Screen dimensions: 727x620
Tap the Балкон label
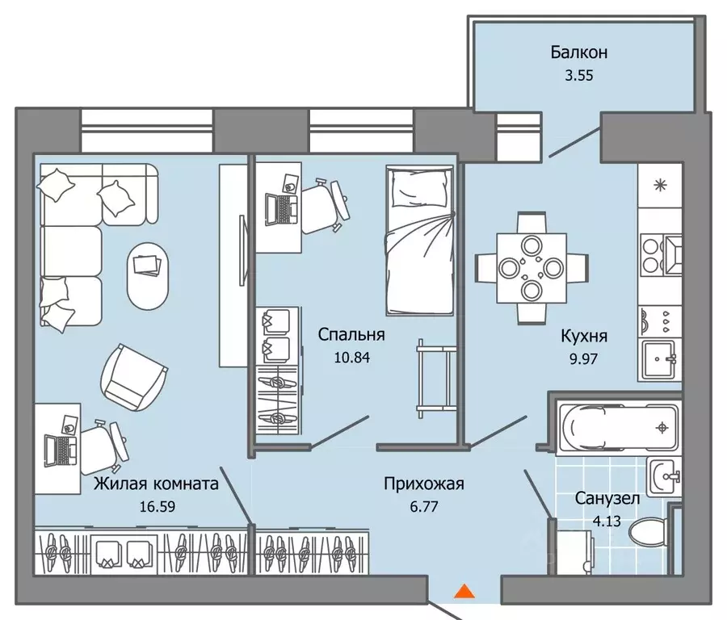[x=579, y=52]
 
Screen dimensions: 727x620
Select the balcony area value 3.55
[x=578, y=75]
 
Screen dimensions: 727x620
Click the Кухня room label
[x=584, y=336]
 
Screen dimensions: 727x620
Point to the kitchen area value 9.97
[x=583, y=358]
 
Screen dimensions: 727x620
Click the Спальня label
[x=351, y=334]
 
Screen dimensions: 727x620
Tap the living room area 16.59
[x=158, y=506]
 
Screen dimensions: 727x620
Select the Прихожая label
[x=424, y=484]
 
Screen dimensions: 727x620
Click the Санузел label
[x=607, y=499]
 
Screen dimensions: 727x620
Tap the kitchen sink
[x=659, y=359]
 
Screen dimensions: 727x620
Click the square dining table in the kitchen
[x=532, y=268]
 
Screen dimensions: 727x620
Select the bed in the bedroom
[x=419, y=241]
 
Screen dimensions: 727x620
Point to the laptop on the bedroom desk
[x=281, y=209]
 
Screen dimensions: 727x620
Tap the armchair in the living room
[x=133, y=377]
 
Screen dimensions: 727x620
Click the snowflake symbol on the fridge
[x=659, y=186]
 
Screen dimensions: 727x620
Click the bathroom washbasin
[x=664, y=476]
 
